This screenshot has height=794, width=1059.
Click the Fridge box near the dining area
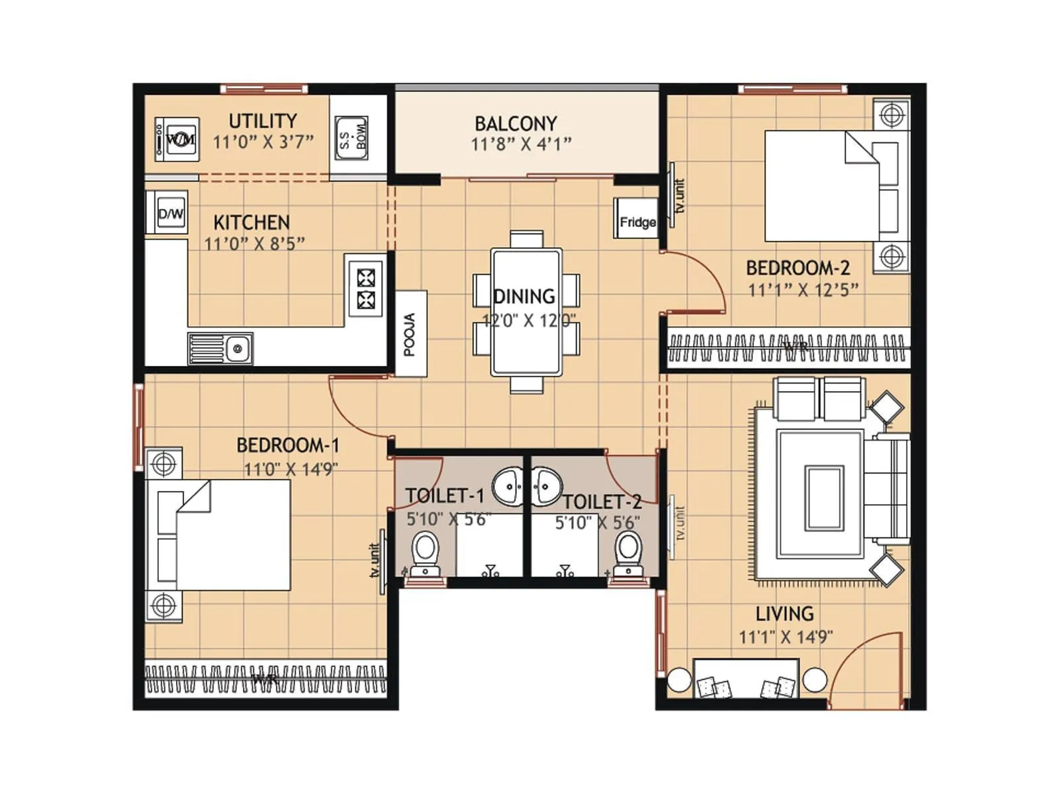point(636,219)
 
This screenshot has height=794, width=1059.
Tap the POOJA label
point(410,334)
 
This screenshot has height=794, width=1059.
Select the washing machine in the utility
point(177,140)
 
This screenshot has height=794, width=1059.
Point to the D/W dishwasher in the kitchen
point(169,213)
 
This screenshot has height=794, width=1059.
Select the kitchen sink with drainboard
point(220,347)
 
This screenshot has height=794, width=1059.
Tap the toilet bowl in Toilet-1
point(424,553)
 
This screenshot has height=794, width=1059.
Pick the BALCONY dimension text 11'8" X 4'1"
point(521,144)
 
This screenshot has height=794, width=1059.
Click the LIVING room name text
point(784,614)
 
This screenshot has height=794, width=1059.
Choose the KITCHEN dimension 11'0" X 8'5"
point(254,243)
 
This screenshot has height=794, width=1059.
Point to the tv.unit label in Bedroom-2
point(680,195)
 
